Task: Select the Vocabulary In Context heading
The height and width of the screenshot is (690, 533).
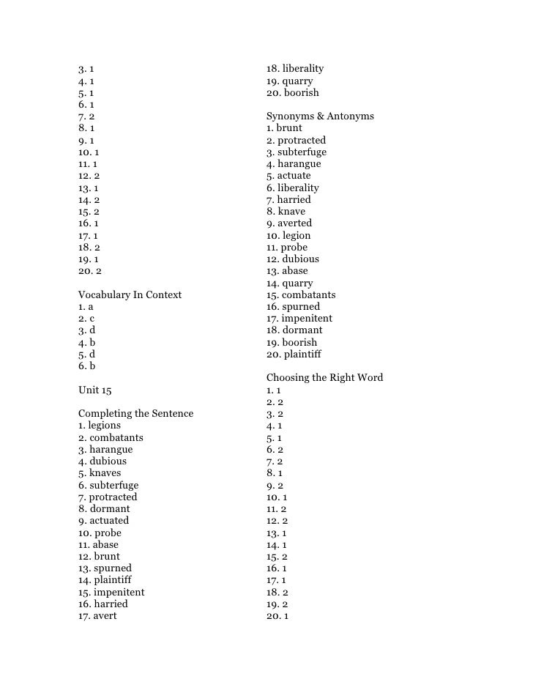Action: (130, 294)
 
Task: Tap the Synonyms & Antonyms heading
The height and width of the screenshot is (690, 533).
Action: (320, 116)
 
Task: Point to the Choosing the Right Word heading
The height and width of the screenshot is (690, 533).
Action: (324, 377)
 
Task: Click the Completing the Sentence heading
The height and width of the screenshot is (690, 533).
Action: (135, 413)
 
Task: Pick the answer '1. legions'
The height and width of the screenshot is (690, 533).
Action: (100, 425)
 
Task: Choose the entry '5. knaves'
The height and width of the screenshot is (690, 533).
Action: (100, 472)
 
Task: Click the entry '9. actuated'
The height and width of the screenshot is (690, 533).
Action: (103, 520)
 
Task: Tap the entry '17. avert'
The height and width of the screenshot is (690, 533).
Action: (97, 615)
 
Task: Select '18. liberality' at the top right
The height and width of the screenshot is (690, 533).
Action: (294, 68)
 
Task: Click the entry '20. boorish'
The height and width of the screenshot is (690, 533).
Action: (292, 92)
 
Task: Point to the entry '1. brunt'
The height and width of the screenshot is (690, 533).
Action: (284, 127)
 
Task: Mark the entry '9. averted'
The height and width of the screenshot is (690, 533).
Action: (289, 223)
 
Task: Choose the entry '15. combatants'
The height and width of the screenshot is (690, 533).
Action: (301, 294)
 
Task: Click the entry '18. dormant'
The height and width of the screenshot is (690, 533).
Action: (294, 330)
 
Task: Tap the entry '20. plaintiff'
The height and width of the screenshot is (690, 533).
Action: (294, 354)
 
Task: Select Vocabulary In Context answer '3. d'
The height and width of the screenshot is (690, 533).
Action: (87, 330)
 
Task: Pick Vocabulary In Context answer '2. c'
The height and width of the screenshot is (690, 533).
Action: (86, 318)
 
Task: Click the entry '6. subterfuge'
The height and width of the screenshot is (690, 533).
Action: (108, 485)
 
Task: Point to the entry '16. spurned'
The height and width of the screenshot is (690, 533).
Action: (293, 306)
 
